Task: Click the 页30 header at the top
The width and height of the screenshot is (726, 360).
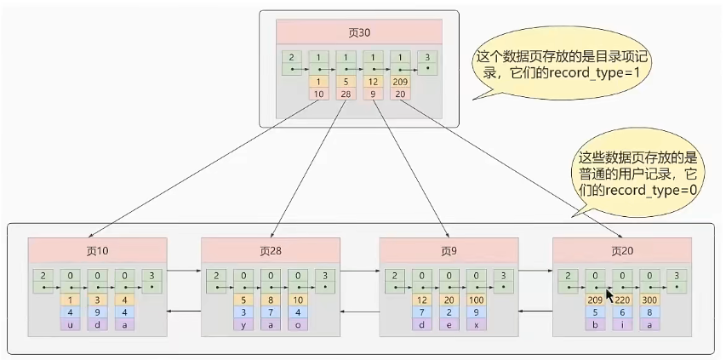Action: [359, 31]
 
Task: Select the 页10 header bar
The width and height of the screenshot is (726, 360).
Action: [96, 250]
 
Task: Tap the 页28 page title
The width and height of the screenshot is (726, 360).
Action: [270, 250]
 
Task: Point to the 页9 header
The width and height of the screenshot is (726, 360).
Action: [448, 250]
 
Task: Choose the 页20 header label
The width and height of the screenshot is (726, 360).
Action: [621, 250]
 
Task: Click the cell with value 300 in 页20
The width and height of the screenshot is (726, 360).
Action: [649, 300]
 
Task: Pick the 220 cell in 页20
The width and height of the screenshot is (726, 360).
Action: [622, 300]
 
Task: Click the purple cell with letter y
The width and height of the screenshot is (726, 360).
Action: [243, 324]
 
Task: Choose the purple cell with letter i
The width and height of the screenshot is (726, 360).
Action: [622, 324]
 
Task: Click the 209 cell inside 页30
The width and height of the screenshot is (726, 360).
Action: [400, 82]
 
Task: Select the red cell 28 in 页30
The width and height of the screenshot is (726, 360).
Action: [346, 93]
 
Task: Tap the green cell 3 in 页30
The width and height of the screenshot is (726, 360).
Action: [427, 58]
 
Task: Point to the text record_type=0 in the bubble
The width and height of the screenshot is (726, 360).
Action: [649, 190]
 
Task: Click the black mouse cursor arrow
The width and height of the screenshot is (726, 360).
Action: [609, 294]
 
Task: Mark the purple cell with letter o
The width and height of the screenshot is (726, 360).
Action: [297, 324]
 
